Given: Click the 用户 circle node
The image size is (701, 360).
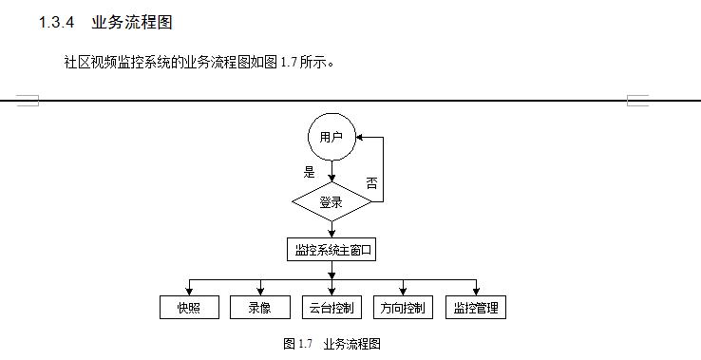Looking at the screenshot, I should tap(332, 138).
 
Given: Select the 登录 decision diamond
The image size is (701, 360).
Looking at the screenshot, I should tap(331, 201).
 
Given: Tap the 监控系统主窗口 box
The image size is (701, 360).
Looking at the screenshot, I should tap(331, 250).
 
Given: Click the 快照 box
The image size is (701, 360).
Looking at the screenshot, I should tap(188, 308).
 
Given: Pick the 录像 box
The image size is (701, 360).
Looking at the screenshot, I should tap(259, 308).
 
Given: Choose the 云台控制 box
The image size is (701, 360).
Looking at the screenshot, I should tap(332, 308).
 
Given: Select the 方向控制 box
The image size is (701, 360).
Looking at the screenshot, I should tap(402, 308).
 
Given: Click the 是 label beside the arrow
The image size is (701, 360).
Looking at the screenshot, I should tap(308, 172).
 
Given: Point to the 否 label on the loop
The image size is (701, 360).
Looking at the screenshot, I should tap(371, 182).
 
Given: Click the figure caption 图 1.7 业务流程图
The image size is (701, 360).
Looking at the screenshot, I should tap(332, 344).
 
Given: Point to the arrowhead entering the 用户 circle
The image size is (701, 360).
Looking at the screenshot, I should tap(360, 138).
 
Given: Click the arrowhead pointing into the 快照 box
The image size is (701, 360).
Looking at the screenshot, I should tap(188, 292).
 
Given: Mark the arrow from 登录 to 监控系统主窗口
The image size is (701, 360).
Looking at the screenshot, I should tap(331, 229).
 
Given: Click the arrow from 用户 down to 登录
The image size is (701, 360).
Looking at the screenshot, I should tap(331, 172).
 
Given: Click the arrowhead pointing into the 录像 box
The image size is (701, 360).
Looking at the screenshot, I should tap(259, 292).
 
